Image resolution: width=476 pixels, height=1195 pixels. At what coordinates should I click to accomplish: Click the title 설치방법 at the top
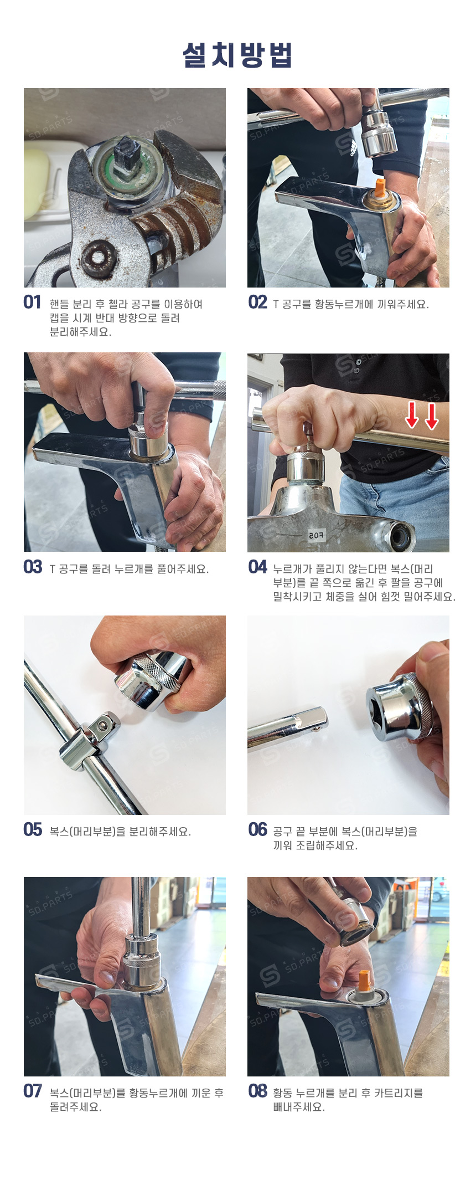(x=237, y=55)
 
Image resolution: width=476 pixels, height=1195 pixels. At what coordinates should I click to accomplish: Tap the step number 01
(x=33, y=302)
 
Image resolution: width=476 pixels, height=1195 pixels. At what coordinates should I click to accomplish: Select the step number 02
(x=258, y=302)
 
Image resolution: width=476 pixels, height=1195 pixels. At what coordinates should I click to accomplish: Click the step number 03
(x=33, y=567)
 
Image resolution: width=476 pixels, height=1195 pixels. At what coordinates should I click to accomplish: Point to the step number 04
(x=258, y=567)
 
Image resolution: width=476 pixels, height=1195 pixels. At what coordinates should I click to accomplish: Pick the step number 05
(x=33, y=830)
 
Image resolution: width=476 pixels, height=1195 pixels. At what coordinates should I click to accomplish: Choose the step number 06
(x=258, y=830)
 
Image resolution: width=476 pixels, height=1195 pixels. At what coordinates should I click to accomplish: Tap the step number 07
(x=33, y=1091)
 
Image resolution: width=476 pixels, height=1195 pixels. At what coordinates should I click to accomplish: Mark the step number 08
(x=258, y=1091)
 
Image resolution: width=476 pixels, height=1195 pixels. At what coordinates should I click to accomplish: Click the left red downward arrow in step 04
(x=411, y=415)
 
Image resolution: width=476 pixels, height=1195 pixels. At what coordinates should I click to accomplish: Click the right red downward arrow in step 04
(x=432, y=416)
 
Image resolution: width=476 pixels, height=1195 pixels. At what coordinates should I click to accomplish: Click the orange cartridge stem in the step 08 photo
(x=365, y=981)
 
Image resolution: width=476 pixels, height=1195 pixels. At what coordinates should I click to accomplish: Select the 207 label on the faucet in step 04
(x=316, y=536)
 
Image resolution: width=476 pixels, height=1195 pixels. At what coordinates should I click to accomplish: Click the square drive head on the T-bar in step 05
(x=105, y=725)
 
